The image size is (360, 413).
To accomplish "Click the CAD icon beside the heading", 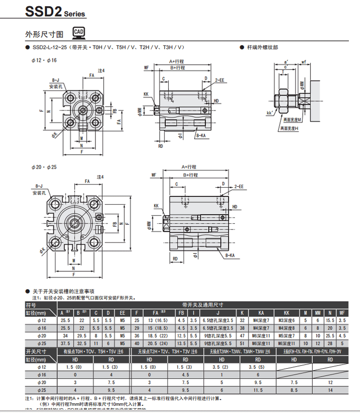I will (79, 33).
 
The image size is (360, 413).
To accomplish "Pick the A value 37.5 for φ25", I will (65, 343).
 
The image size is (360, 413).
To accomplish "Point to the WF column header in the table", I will (342, 313).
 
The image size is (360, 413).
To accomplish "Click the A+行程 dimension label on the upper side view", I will (177, 62).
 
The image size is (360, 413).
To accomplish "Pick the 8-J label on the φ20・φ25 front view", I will (39, 186).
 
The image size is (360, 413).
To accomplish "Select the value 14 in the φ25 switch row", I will (330, 389).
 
